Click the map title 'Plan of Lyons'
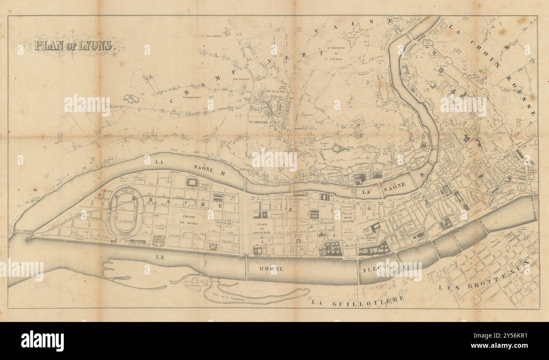74,45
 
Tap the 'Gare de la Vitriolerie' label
228,299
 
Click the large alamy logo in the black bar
42,341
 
